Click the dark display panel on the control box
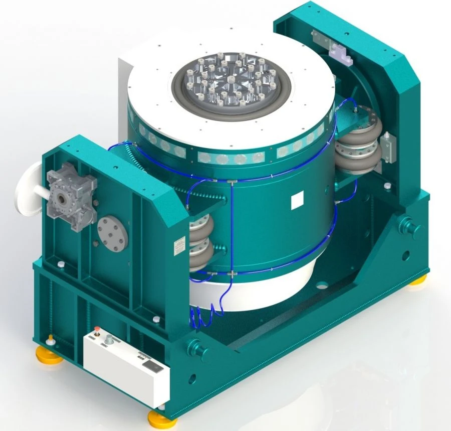tap(152, 368)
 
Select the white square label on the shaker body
tap(298, 201)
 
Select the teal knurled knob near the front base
tap(193, 347)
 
